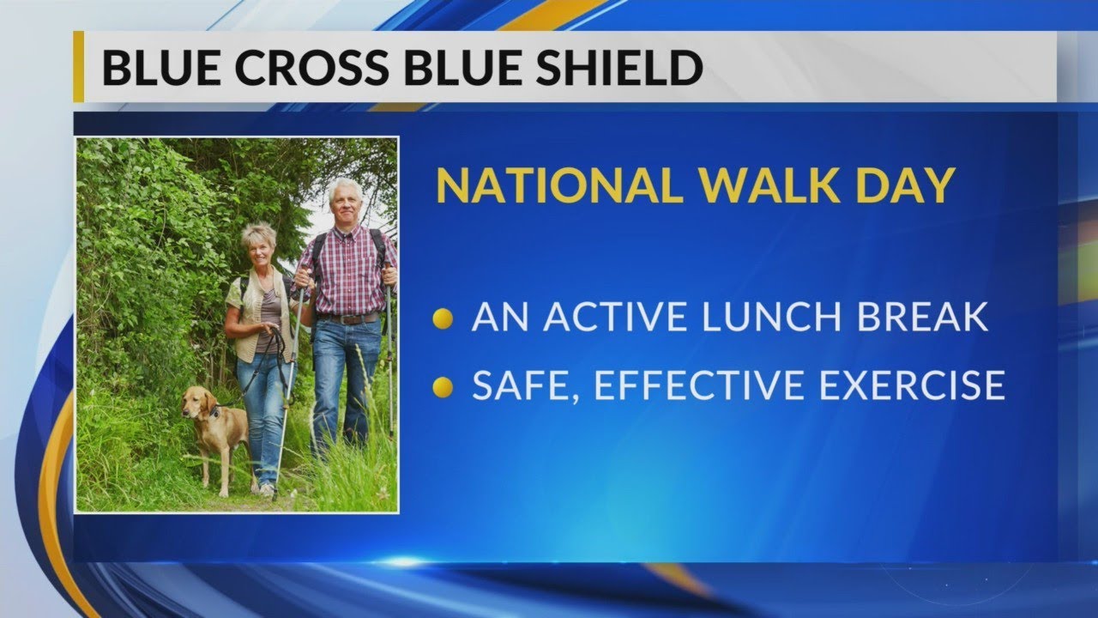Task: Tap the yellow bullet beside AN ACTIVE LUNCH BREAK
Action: [443, 319]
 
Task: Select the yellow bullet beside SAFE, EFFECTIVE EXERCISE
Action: [443, 387]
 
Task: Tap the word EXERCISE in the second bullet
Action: [911, 386]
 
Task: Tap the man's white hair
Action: [345, 190]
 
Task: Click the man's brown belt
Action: [348, 318]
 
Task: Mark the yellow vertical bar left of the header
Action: [78, 67]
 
